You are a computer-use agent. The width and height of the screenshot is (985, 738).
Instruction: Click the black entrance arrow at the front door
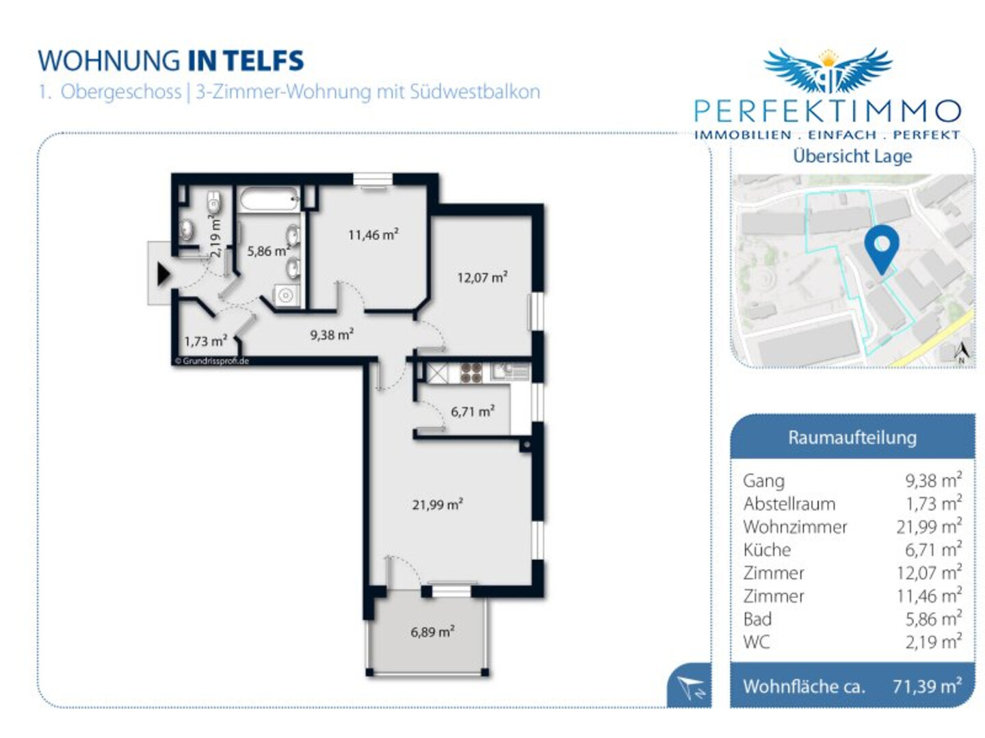(163, 274)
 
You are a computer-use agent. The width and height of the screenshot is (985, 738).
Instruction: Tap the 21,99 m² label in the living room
(437, 504)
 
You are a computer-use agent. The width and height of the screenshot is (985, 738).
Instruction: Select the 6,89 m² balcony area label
(432, 632)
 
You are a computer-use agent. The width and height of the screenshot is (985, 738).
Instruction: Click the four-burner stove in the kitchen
(471, 373)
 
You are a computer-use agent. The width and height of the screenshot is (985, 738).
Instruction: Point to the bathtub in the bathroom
(269, 200)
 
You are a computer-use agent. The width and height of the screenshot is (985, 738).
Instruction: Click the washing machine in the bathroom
(285, 295)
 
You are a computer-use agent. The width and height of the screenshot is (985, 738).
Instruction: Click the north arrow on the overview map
(962, 353)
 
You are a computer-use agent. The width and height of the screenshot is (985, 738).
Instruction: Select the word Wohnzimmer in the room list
(795, 527)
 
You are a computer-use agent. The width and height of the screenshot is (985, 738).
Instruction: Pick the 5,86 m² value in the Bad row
(934, 619)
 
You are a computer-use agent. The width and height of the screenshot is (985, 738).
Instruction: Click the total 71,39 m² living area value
(927, 686)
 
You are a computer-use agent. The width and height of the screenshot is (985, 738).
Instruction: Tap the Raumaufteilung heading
(852, 437)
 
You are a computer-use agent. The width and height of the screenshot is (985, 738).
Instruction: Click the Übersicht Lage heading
(852, 156)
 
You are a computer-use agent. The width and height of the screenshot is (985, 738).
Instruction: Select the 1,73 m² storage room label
(205, 342)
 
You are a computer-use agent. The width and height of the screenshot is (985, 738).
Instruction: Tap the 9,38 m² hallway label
(332, 334)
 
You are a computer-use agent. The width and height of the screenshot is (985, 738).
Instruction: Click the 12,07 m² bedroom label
(482, 277)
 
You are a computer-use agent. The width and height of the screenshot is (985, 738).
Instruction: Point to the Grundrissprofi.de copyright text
(211, 361)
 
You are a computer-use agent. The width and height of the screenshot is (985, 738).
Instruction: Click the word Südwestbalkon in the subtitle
(475, 92)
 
